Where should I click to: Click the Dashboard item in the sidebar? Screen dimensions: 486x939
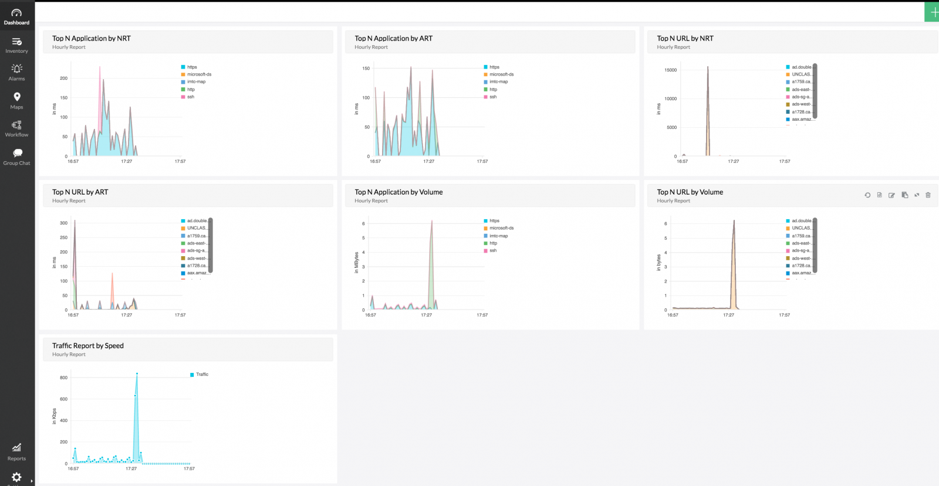(x=16, y=16)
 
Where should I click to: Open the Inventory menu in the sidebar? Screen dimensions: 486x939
(x=16, y=45)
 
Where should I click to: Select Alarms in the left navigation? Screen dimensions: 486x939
(x=16, y=72)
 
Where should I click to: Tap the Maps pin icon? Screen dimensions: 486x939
(x=17, y=97)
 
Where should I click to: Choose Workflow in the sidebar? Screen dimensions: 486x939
(x=16, y=128)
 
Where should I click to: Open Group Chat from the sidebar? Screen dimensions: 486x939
(x=16, y=157)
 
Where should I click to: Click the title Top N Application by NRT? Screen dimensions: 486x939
(x=92, y=38)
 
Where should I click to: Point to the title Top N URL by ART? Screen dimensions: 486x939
(x=80, y=192)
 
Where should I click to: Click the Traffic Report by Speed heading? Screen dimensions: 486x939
(x=88, y=345)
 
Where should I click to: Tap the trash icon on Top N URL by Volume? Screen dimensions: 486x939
(x=928, y=195)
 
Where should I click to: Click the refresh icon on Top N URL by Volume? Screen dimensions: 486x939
(x=867, y=195)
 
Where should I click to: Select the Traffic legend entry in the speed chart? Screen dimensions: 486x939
(x=202, y=374)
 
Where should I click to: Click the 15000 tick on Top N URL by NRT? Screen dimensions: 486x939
(x=670, y=70)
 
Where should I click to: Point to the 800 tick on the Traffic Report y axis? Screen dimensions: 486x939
(x=63, y=378)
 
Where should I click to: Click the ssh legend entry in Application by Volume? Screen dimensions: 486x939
(x=493, y=250)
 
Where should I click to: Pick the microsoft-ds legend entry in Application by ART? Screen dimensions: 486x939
(x=501, y=74)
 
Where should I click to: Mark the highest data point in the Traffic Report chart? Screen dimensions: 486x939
(x=137, y=373)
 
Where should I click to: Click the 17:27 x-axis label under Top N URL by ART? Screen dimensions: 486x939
(x=126, y=315)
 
